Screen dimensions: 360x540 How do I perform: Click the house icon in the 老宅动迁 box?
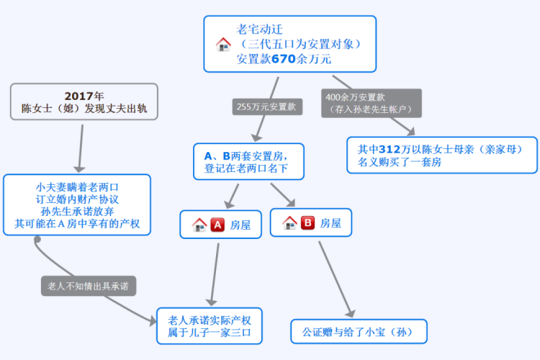click(x=223, y=44)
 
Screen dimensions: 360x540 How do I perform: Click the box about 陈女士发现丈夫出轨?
click(x=84, y=102)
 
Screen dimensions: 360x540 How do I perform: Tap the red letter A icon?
click(x=217, y=225)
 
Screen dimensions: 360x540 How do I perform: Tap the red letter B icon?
click(x=307, y=223)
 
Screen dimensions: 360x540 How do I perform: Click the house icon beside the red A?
click(x=199, y=225)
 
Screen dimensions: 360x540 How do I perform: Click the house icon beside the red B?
click(x=289, y=223)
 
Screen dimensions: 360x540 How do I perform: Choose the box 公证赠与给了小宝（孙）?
click(x=359, y=332)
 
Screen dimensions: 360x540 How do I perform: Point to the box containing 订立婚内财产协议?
click(x=77, y=204)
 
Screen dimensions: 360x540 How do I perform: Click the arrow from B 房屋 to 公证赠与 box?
click(x=336, y=277)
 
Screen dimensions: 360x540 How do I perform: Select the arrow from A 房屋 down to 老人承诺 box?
click(x=215, y=274)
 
